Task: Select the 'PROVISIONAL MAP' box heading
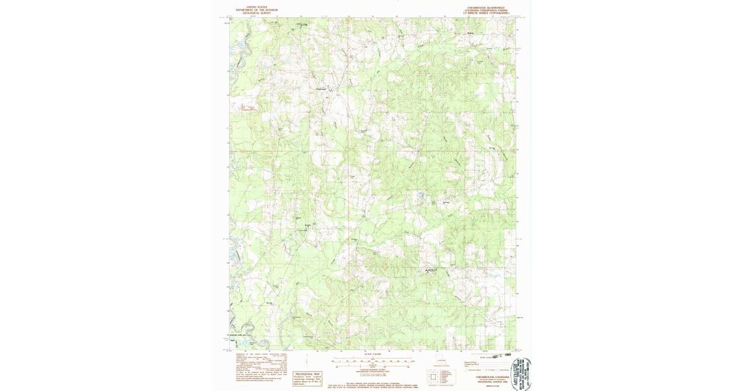[x=308, y=374]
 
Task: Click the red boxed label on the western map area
[x=249, y=108]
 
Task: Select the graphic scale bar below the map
[x=372, y=361]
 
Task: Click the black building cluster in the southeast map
[x=433, y=271]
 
